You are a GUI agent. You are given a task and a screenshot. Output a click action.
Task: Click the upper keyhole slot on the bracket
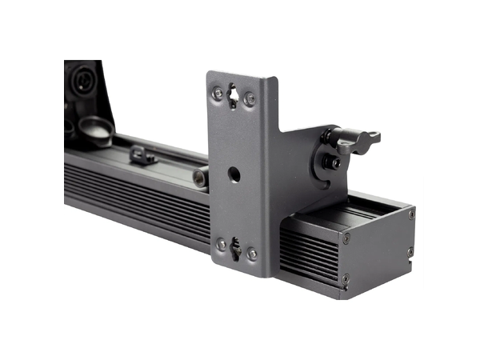coord(234,96)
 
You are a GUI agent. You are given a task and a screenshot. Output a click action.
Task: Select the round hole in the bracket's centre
coord(234,174)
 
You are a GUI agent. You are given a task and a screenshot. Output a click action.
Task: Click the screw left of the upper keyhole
coord(218,94)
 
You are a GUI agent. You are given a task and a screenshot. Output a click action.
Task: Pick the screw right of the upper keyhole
coord(250,99)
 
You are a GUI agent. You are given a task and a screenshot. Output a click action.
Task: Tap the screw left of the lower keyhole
coord(221,243)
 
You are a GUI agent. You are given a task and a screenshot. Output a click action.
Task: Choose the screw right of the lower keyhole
coord(252,254)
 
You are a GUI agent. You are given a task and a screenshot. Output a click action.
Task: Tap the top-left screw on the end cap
coord(346,238)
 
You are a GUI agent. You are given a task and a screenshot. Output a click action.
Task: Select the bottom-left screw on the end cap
coord(346,279)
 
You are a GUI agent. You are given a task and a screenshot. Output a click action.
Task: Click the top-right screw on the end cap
coord(411,214)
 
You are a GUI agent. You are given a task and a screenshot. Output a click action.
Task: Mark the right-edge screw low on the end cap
coord(410,251)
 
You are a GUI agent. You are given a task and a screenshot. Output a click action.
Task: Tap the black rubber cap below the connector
coord(97,130)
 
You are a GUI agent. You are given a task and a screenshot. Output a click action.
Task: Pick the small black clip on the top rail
coord(142,154)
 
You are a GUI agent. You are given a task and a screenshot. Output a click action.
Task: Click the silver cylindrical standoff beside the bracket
coord(200,177)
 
